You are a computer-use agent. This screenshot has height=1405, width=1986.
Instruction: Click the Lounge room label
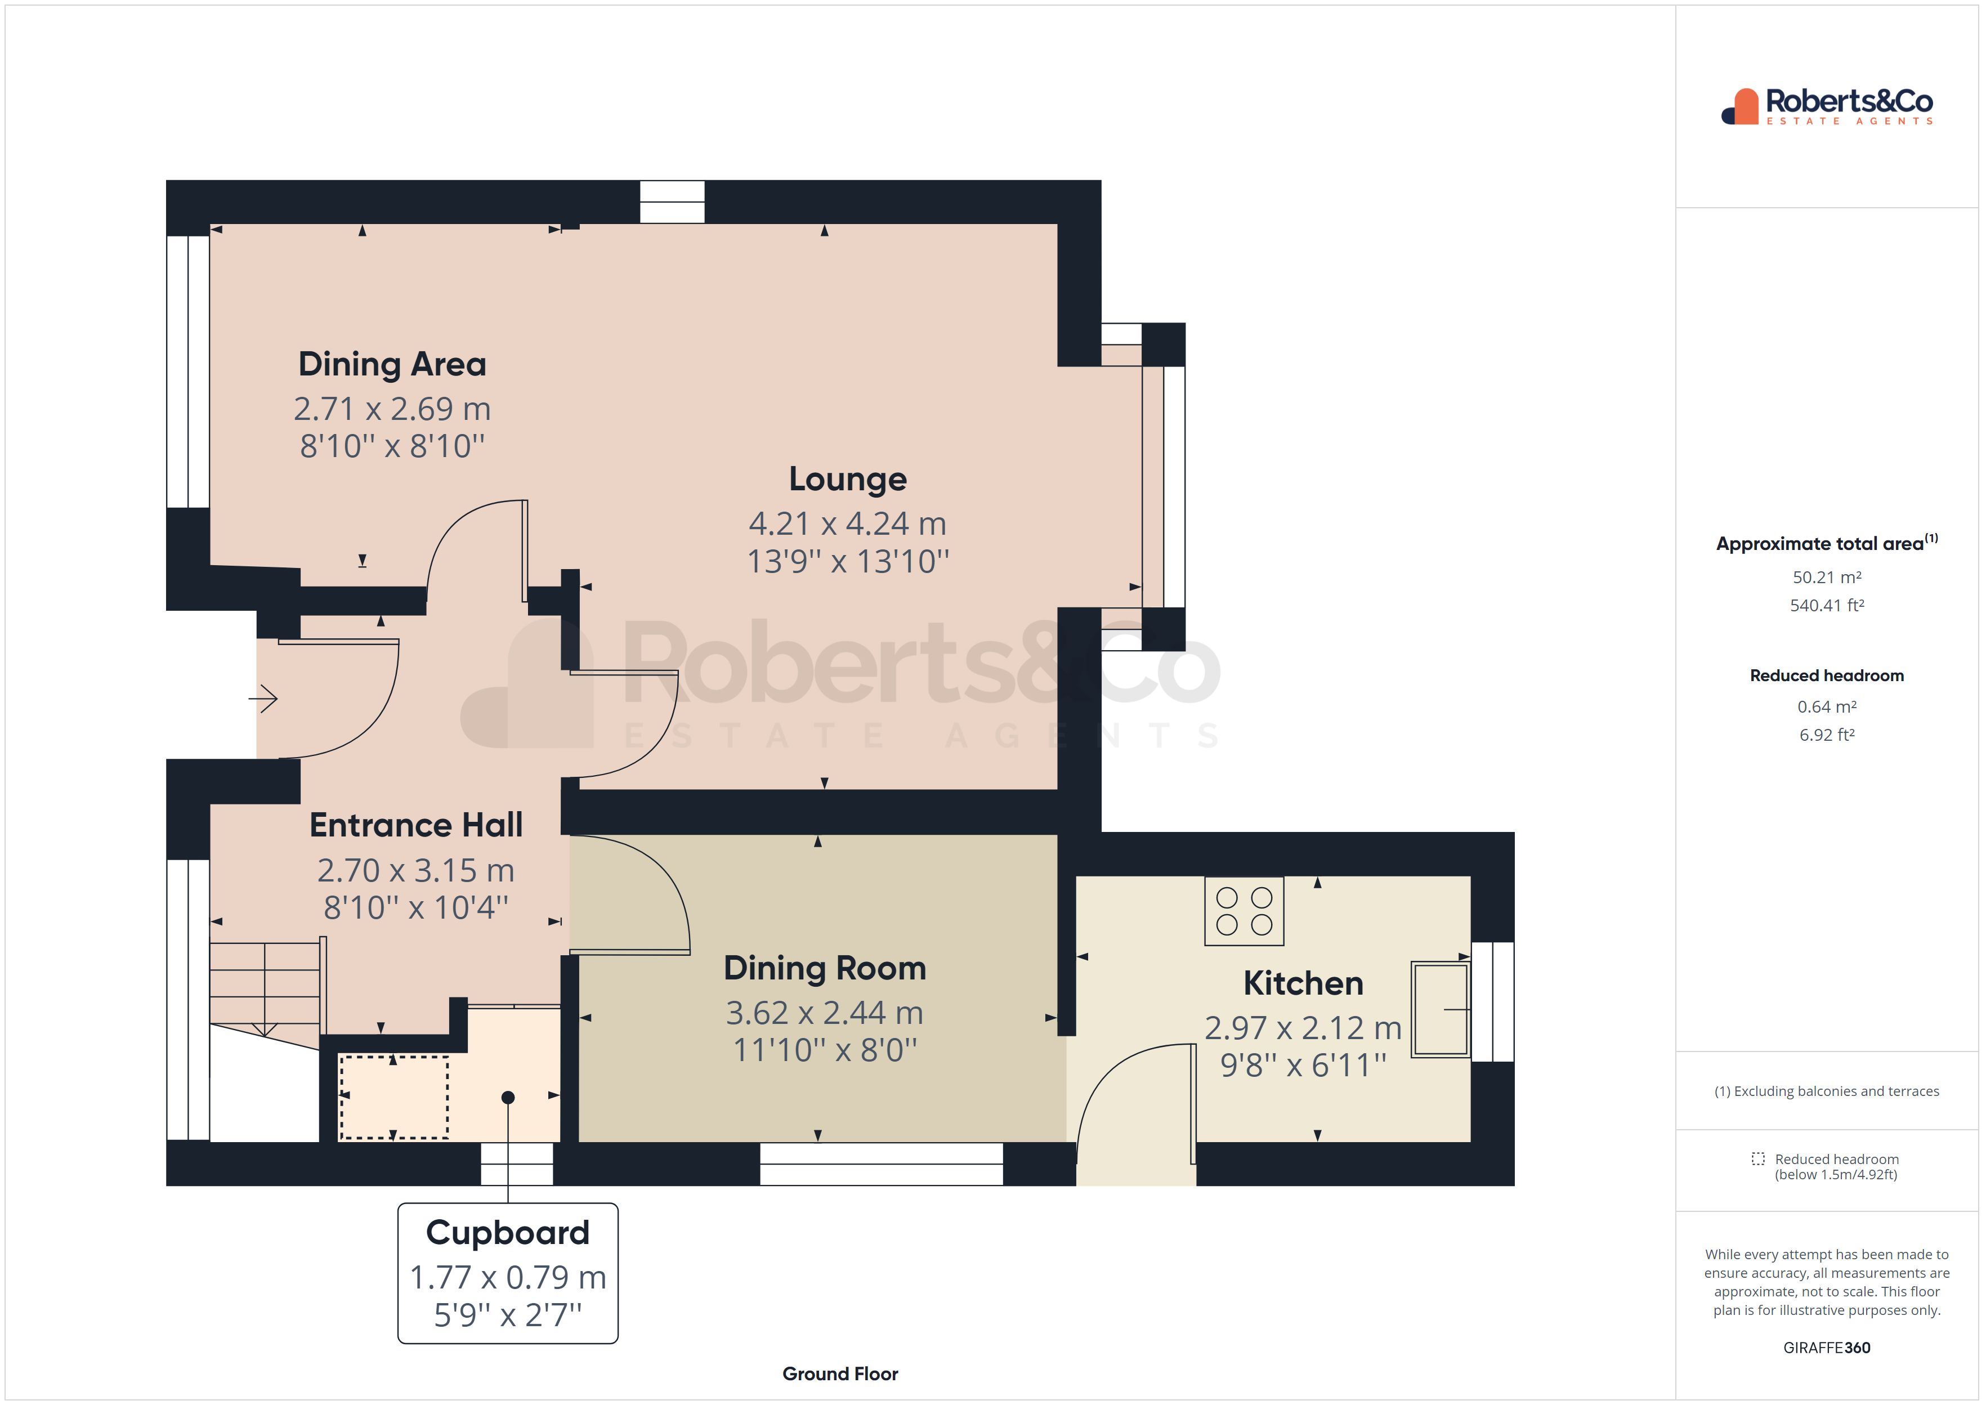point(848,479)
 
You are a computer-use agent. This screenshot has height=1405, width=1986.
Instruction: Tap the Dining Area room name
point(392,364)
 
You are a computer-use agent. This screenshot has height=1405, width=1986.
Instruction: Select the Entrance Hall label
point(416,825)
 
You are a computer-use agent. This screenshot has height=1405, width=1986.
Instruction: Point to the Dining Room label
point(824,968)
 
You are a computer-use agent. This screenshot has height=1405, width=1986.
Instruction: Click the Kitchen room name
point(1303,984)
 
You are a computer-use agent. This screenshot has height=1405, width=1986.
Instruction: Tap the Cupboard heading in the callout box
point(508,1233)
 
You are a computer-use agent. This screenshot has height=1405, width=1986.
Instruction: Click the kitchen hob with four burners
point(1244,911)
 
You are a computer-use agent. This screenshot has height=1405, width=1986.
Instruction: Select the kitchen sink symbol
point(1440,1009)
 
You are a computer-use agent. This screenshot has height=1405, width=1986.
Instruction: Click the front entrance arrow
point(263,698)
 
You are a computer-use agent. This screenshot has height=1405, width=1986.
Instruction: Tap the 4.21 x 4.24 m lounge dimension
point(848,523)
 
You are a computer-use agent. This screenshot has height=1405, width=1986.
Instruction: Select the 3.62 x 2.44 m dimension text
point(824,1012)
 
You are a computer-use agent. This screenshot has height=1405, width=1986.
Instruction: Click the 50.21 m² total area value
point(1827,577)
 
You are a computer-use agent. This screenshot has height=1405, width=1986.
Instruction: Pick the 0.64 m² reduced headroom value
point(1827,707)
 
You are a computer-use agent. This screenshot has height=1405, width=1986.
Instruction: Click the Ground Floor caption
point(840,1374)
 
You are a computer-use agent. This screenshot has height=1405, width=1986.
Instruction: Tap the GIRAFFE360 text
point(1827,1348)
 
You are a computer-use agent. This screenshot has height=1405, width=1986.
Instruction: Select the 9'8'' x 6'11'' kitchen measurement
point(1303,1065)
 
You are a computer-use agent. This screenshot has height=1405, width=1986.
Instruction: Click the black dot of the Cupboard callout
point(508,1098)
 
